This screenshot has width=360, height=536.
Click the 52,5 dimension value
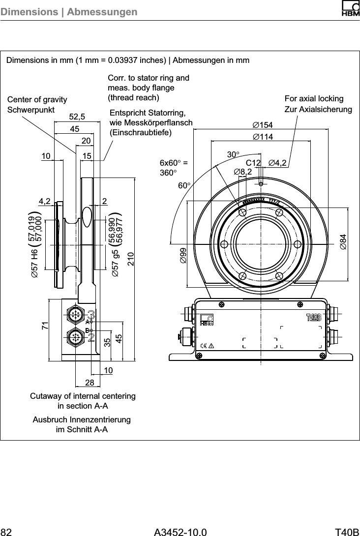pyautogui.click(x=77, y=117)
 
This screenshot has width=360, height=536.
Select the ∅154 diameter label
pyautogui.click(x=262, y=124)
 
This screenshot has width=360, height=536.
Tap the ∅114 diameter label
pyautogui.click(x=262, y=136)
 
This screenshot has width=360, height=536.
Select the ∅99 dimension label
pyautogui.click(x=183, y=256)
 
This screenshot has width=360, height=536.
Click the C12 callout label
pyautogui.click(x=253, y=163)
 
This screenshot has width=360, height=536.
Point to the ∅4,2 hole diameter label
pyautogui.click(x=278, y=163)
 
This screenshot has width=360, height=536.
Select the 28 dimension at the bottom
pyautogui.click(x=89, y=383)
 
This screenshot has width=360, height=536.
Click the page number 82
pyautogui.click(x=6, y=531)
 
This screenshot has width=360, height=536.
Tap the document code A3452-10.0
pyautogui.click(x=180, y=531)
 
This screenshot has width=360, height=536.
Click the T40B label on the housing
pyautogui.click(x=314, y=316)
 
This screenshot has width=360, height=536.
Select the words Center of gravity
pyautogui.click(x=37, y=100)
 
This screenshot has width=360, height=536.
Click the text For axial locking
pyautogui.click(x=314, y=99)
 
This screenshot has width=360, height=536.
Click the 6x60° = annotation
pyautogui.click(x=175, y=163)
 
